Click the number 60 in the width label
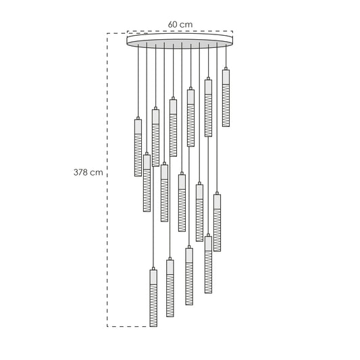pyautogui.click(x=172, y=24)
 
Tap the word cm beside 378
pyautogui.click(x=96, y=172)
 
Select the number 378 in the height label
pyautogui.click(x=80, y=172)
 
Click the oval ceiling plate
pyautogui.click(x=180, y=41)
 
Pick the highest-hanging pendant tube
pyautogui.click(x=226, y=98)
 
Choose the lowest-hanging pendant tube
pyautogui.click(x=153, y=298)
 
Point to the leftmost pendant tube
pyautogui.click(x=138, y=148)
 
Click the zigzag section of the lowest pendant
pyautogui.click(x=153, y=305)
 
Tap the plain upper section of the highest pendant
pyautogui.click(x=226, y=77)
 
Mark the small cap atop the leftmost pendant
pyautogui.click(x=138, y=118)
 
